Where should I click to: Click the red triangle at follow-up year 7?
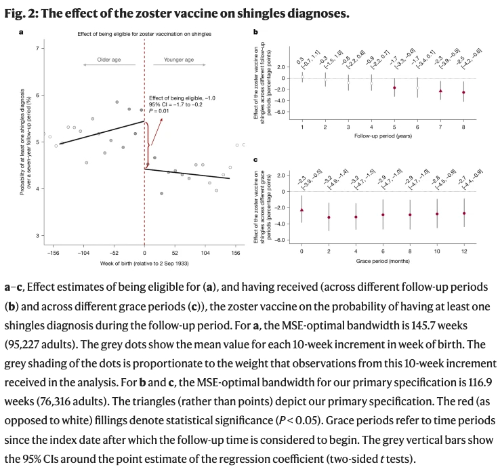[440, 90]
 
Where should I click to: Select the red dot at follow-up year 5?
[394, 87]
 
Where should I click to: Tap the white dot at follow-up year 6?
[417, 88]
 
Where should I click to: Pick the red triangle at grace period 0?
[301, 210]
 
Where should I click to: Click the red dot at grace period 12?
[464, 213]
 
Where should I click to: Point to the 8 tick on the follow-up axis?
[464, 127]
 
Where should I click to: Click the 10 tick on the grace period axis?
[437, 251]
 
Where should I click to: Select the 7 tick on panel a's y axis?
[38, 49]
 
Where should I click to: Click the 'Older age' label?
[108, 60]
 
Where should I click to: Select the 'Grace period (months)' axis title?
[382, 260]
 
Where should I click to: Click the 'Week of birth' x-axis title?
[144, 262]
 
